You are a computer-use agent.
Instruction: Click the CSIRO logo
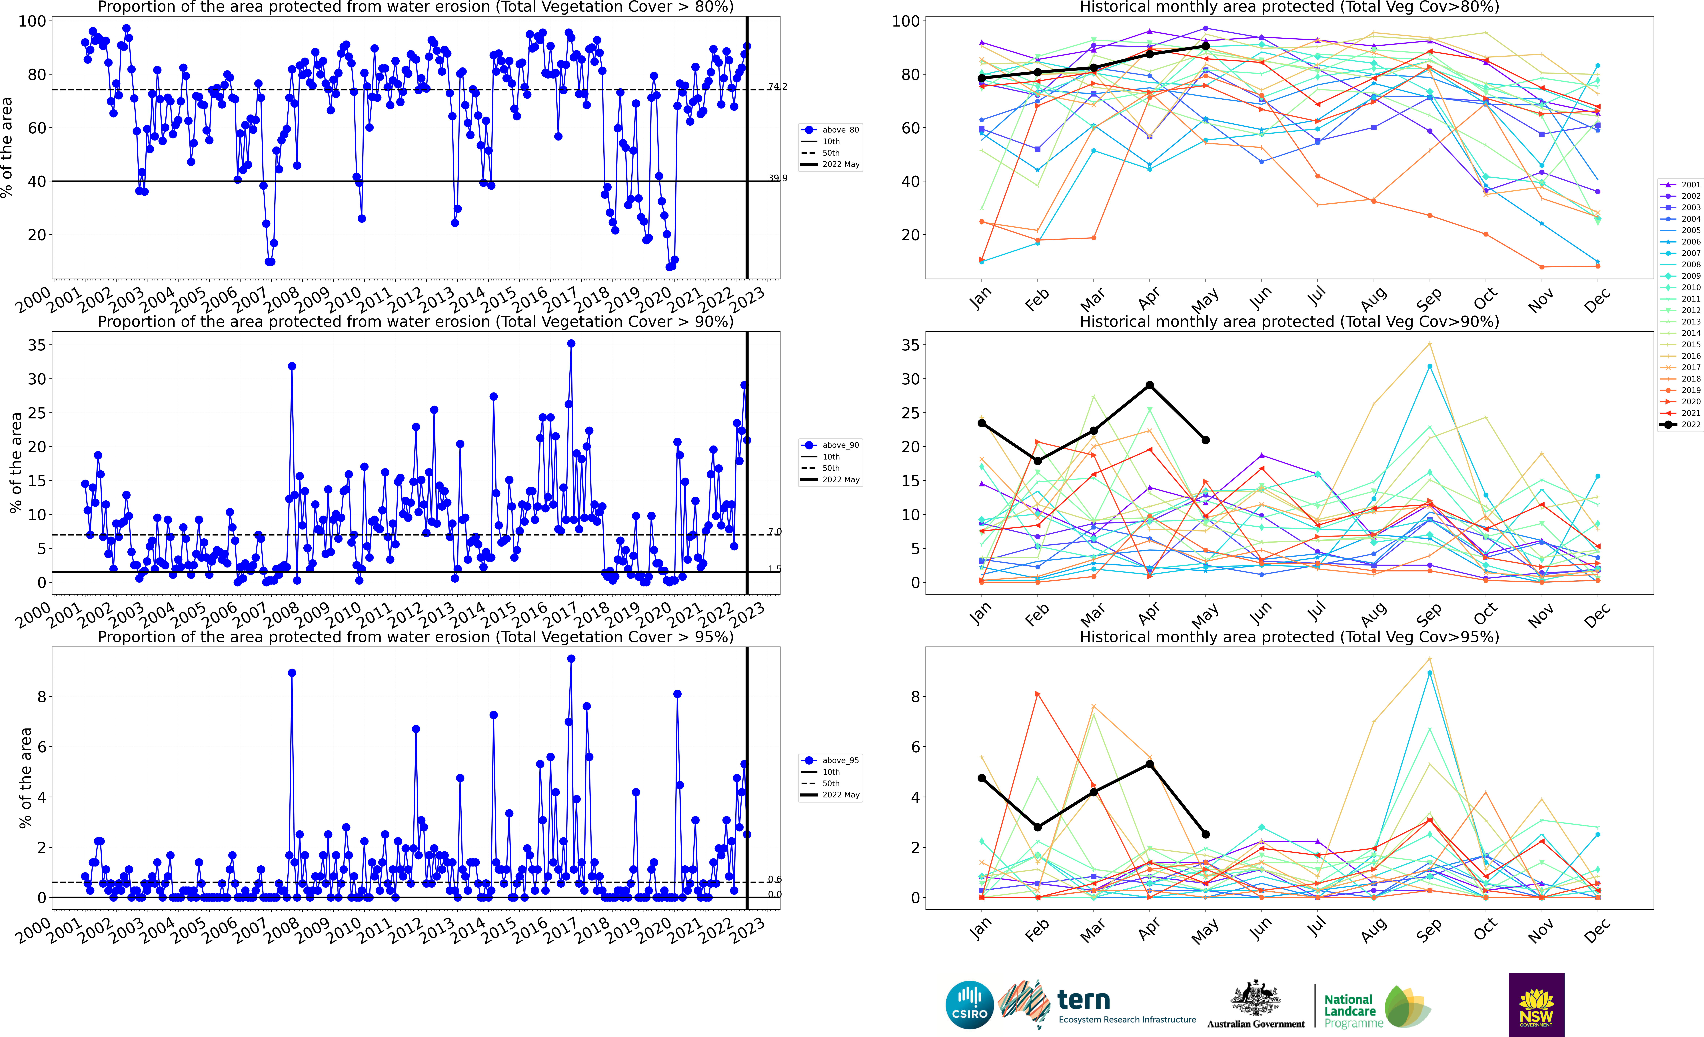click(970, 1004)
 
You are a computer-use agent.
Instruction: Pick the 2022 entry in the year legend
click(1681, 424)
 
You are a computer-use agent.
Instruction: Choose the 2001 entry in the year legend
click(1681, 184)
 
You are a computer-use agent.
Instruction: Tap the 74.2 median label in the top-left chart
click(777, 86)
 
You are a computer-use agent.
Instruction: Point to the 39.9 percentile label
click(777, 178)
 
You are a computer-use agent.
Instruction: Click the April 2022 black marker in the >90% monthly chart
click(1149, 385)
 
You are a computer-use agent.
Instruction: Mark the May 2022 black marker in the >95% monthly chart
click(1205, 835)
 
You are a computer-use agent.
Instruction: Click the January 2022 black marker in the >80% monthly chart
click(981, 78)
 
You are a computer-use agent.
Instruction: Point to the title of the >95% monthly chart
click(1289, 637)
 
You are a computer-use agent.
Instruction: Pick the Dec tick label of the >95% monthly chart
click(1597, 930)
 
